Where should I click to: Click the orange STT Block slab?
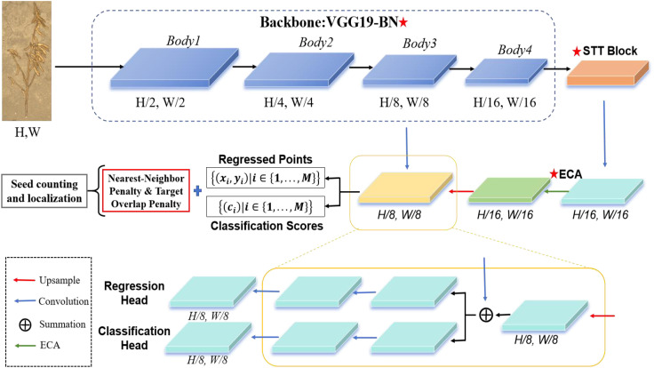click(607, 74)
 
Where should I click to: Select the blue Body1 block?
click(174, 68)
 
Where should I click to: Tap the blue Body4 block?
click(506, 72)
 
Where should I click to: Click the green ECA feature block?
click(509, 191)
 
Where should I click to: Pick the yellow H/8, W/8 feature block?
click(405, 188)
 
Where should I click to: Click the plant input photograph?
click(27, 61)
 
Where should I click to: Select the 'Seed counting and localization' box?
click(44, 191)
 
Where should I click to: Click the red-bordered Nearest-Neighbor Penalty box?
click(146, 191)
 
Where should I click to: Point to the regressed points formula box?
click(266, 178)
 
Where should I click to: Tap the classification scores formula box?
click(266, 206)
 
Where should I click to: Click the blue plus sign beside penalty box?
click(197, 191)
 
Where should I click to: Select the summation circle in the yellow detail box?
click(486, 315)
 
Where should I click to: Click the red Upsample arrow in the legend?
click(24, 280)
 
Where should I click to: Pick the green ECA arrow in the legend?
click(25, 346)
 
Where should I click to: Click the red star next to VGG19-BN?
click(403, 22)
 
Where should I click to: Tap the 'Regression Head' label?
click(134, 293)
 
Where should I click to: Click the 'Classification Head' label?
click(134, 338)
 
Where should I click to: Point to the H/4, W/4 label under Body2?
click(289, 102)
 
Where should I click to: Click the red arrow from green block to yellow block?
click(461, 191)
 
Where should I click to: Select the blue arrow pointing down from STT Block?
click(604, 133)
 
